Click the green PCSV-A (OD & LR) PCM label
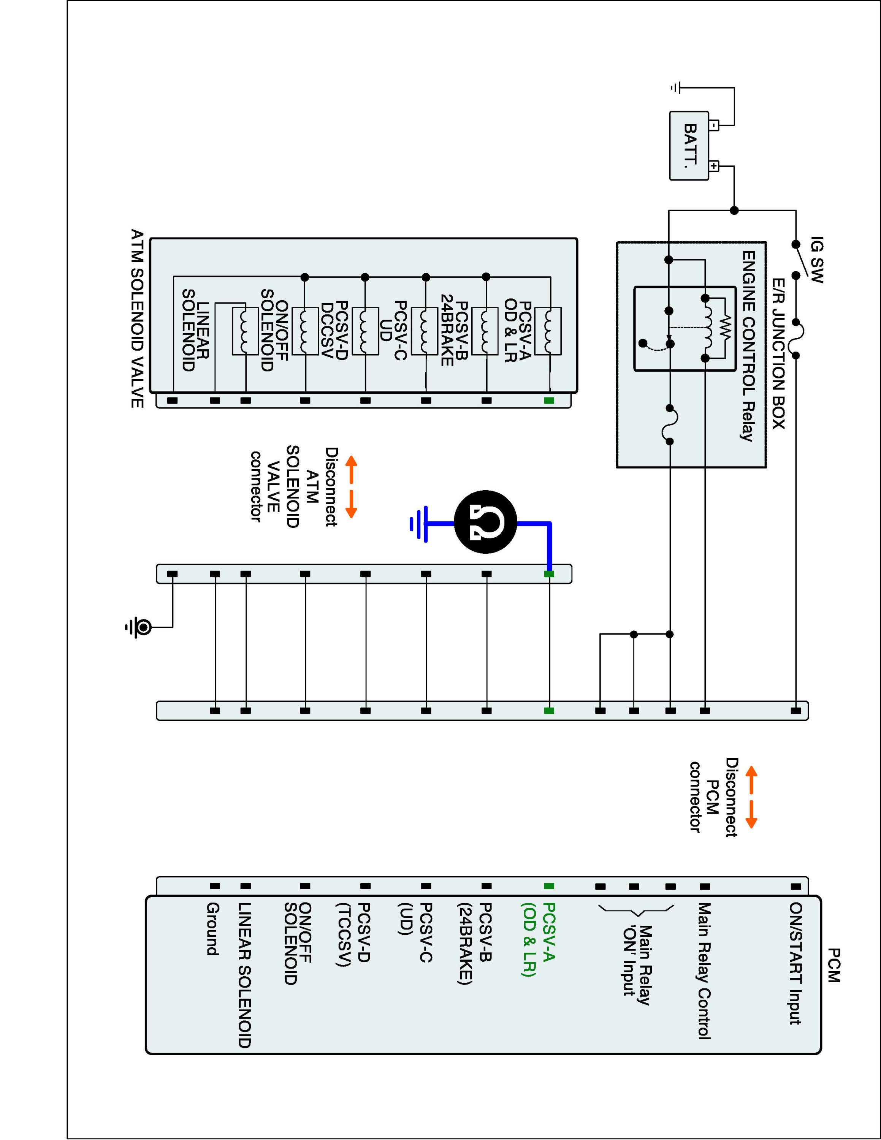click(x=537, y=940)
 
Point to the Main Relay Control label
click(x=705, y=971)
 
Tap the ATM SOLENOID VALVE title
click(x=137, y=318)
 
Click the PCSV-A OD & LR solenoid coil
click(x=548, y=331)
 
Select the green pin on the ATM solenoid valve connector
click(x=548, y=401)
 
